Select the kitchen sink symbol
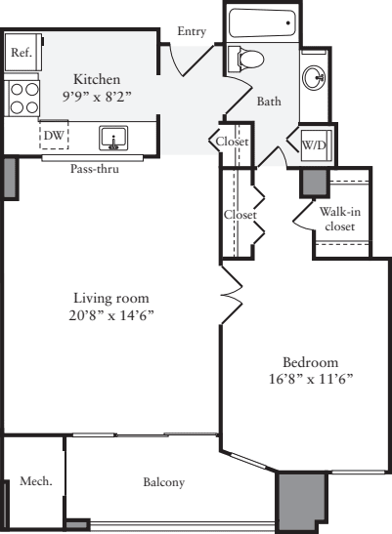tap(113, 139)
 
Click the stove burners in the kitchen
tap(22, 100)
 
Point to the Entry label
tap(192, 32)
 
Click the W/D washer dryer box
tap(315, 144)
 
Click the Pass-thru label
tap(95, 168)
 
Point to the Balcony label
tap(163, 482)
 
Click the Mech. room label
tap(34, 481)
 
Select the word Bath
tap(269, 102)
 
